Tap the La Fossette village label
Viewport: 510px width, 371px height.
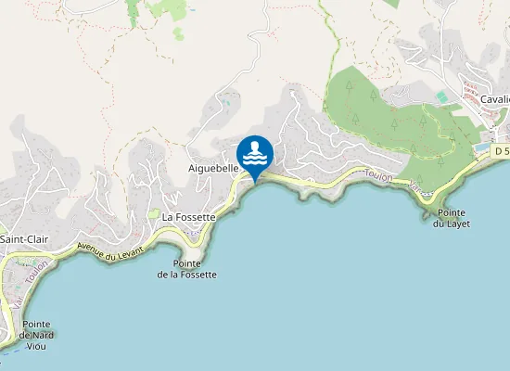coord(188,217)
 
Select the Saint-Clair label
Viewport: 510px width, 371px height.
coord(24,239)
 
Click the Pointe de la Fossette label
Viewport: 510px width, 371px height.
coord(186,269)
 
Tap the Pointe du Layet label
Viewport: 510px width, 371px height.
coord(453,218)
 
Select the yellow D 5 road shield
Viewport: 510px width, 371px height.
coord(502,150)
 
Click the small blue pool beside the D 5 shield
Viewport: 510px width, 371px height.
coord(480,148)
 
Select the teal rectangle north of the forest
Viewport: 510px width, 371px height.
coord(441,96)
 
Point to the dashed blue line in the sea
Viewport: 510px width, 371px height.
coord(9,348)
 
